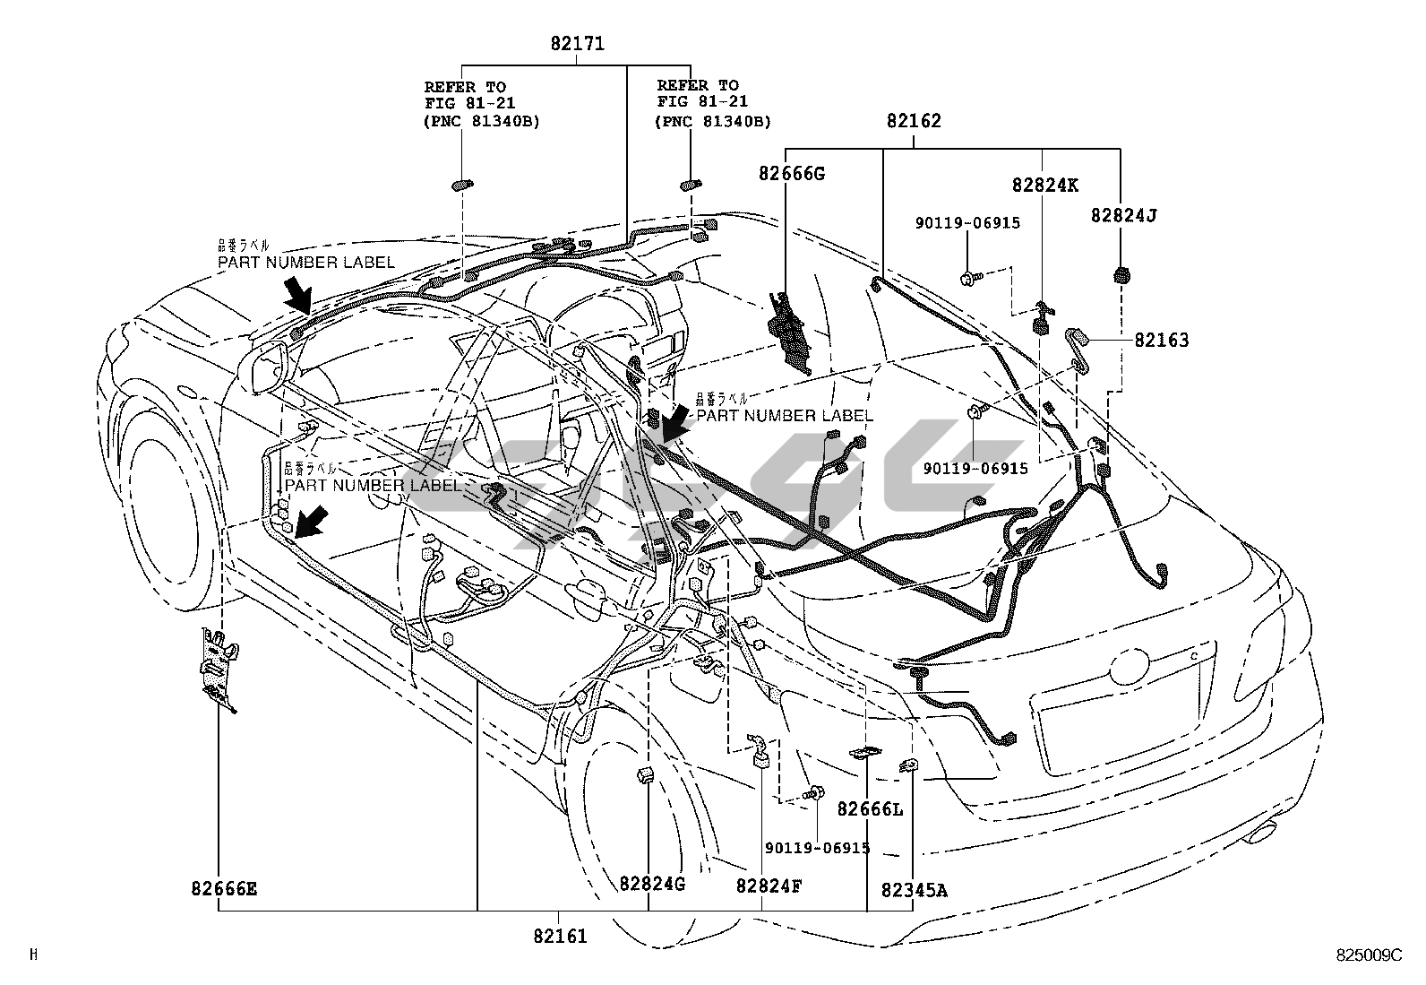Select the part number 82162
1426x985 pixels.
click(914, 121)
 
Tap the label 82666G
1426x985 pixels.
click(791, 174)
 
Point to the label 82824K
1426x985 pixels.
click(1045, 186)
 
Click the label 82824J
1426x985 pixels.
click(1124, 216)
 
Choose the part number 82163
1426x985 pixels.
click(1162, 341)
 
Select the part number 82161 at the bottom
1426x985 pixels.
click(560, 937)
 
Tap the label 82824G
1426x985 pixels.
click(652, 885)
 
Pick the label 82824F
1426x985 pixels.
click(769, 886)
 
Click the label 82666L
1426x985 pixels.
click(870, 810)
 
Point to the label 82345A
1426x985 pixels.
click(914, 890)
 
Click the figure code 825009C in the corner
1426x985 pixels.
click(1368, 955)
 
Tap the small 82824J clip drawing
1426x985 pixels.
click(1119, 274)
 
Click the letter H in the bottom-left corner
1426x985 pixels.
click(34, 955)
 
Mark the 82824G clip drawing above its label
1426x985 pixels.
click(644, 774)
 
